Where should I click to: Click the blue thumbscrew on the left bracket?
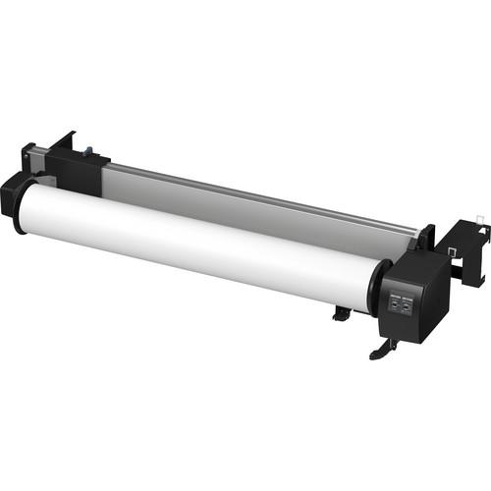85,153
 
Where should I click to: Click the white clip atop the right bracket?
477,215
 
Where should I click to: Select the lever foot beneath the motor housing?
381,349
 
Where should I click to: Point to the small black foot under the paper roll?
340,313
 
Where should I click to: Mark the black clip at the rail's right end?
424,237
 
